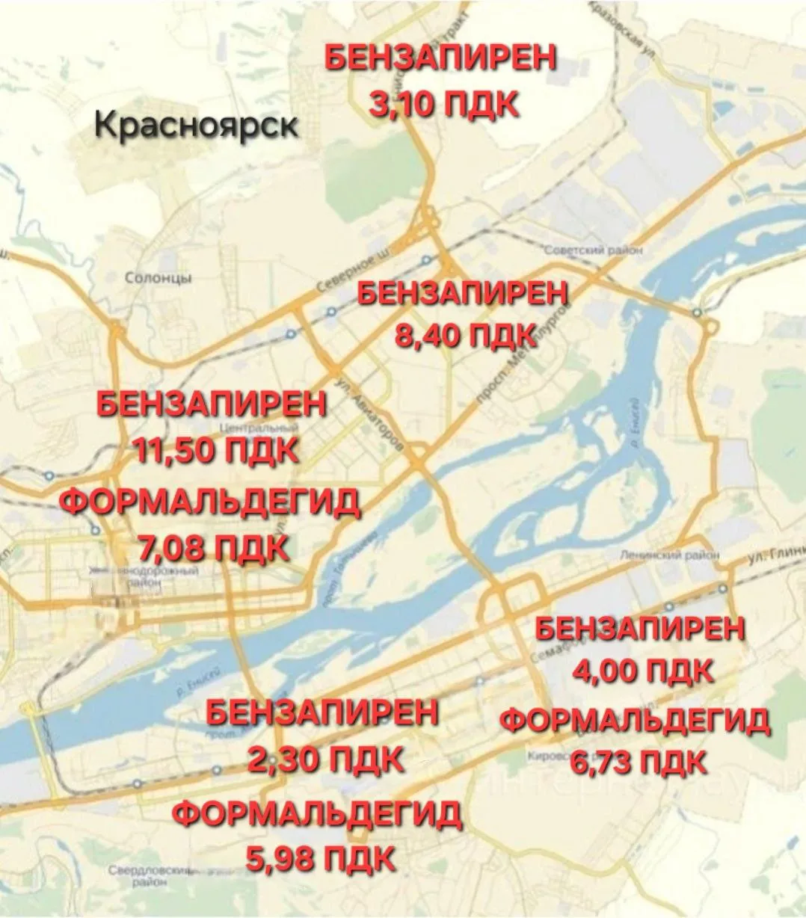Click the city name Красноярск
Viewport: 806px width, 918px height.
coord(197,124)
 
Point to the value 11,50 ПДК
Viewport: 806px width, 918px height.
coord(215,451)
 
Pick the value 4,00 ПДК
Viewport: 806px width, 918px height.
coord(642,671)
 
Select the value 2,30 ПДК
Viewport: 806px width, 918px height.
coord(325,760)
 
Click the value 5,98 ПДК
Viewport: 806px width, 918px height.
coord(321,857)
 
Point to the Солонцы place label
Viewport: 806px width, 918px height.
coord(158,278)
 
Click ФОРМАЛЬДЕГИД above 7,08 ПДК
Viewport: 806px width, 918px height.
coord(210,502)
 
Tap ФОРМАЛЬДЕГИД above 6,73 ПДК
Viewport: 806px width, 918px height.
coord(635,721)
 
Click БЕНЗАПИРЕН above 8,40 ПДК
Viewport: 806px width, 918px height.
coord(464,292)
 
